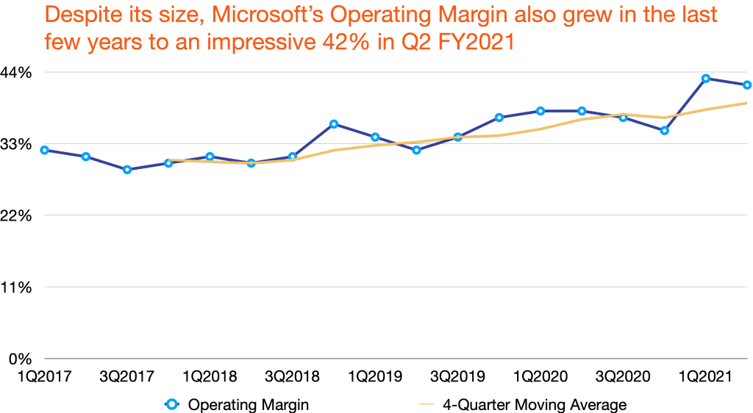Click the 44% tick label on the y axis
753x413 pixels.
(x=17, y=73)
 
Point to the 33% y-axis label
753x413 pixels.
(x=17, y=144)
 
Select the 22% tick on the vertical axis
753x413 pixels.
(x=17, y=216)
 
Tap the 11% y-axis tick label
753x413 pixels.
(x=17, y=287)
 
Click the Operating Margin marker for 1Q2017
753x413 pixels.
(x=44, y=150)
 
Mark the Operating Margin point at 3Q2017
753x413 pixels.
(x=127, y=170)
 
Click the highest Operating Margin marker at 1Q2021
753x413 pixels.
(x=705, y=78)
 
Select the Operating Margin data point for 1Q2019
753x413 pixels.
(x=375, y=137)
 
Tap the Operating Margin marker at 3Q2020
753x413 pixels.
(x=623, y=118)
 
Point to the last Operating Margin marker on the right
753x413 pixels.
(x=746, y=85)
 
